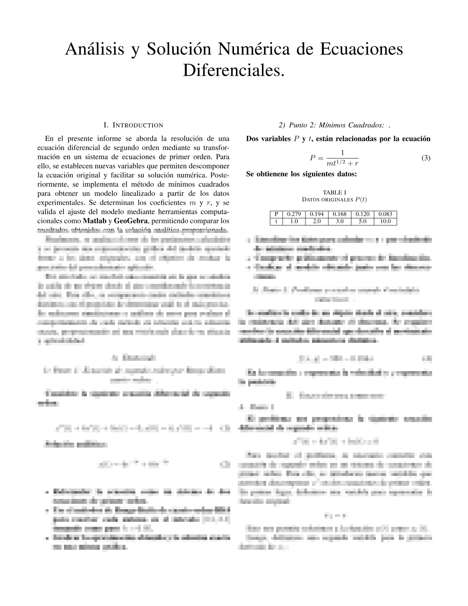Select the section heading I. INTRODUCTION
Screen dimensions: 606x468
133,125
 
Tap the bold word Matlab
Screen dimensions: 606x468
94,221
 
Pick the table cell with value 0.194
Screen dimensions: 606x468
317,214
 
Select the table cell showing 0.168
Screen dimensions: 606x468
340,214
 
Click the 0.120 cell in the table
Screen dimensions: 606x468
362,214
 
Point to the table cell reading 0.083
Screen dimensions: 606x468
385,214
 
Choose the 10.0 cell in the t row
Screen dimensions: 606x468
385,221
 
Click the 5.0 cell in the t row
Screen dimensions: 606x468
362,221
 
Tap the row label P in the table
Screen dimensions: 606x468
276,214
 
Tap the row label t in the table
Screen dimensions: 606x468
276,221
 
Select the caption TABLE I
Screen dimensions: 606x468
335,192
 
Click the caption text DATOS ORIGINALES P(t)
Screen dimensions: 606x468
335,200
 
